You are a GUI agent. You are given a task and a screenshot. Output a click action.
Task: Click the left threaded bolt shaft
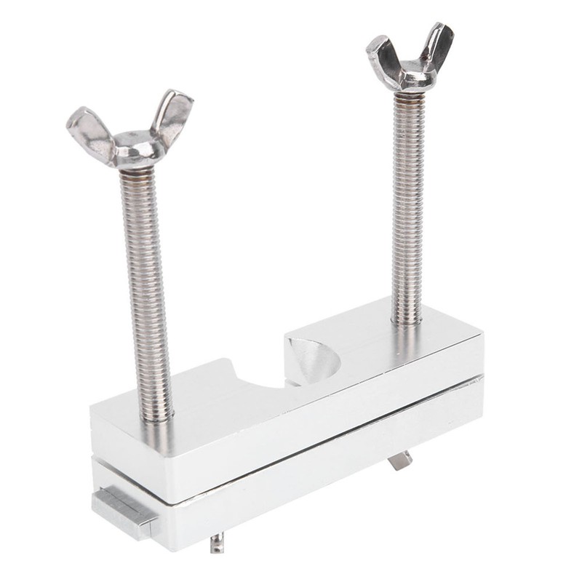(x=149, y=291)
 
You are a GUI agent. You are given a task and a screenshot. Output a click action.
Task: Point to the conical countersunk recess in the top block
(x=311, y=358)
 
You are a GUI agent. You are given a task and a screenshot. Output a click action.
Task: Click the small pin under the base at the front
(x=216, y=543)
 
